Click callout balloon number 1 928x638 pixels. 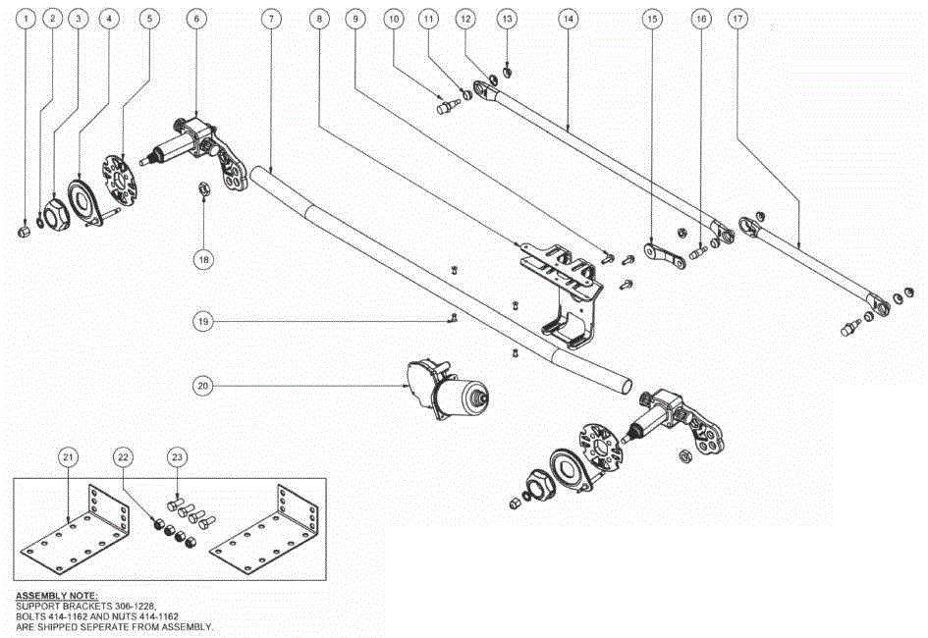click(27, 19)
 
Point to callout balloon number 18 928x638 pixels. click(202, 259)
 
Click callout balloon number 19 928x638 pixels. click(202, 321)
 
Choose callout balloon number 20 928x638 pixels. click(202, 386)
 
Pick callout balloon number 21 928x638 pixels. click(68, 457)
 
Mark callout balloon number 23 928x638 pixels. click(177, 457)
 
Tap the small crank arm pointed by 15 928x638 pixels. click(667, 257)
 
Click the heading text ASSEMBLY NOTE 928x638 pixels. click(56, 596)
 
